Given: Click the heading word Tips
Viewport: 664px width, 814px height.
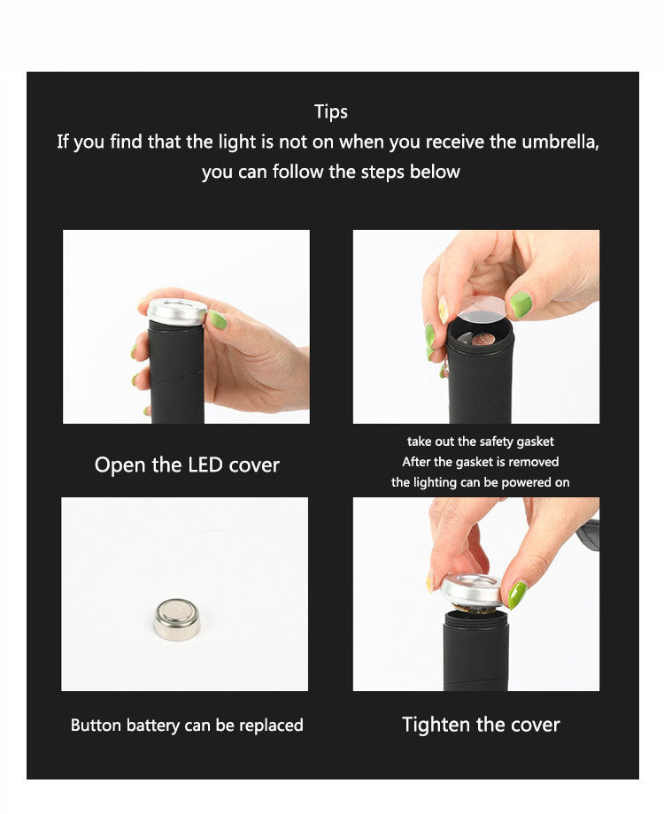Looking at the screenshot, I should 331,111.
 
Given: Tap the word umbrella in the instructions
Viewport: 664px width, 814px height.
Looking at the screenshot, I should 556,142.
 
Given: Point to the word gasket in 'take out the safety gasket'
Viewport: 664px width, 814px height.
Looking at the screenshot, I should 534,441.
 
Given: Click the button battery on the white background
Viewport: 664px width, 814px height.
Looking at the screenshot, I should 176,618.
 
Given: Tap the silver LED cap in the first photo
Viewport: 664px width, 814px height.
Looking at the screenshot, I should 177,311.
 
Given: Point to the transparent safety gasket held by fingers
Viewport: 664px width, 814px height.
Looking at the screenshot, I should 483,309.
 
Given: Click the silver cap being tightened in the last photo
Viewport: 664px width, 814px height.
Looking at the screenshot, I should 472,590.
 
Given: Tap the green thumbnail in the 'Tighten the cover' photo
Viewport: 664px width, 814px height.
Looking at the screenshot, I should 517,594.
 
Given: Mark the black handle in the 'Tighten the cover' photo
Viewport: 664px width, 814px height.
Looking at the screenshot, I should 475,650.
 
